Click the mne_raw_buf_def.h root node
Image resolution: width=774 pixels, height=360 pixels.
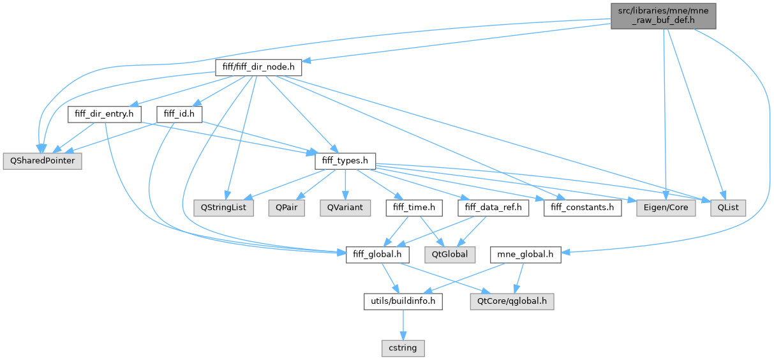click(662, 15)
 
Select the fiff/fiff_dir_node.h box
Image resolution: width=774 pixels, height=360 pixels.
click(258, 67)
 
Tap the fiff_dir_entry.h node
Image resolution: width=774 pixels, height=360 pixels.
click(105, 114)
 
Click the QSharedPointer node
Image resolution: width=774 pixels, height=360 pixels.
click(42, 161)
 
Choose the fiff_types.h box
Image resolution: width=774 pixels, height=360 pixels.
click(345, 161)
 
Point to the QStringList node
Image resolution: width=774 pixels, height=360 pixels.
click(224, 207)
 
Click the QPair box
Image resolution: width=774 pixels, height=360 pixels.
click(287, 207)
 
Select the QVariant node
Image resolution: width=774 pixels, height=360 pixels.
click(345, 207)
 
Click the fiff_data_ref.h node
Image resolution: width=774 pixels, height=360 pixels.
click(493, 207)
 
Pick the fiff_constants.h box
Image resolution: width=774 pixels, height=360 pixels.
click(583, 207)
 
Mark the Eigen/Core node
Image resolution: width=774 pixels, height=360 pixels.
click(666, 207)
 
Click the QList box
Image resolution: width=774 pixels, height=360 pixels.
click(727, 207)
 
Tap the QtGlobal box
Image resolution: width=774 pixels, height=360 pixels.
click(450, 255)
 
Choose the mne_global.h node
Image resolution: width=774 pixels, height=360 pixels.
click(525, 255)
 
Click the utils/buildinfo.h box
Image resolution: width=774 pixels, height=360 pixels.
click(403, 301)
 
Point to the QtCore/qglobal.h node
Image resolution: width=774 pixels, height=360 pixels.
click(511, 301)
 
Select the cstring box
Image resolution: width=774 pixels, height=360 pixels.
click(403, 348)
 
